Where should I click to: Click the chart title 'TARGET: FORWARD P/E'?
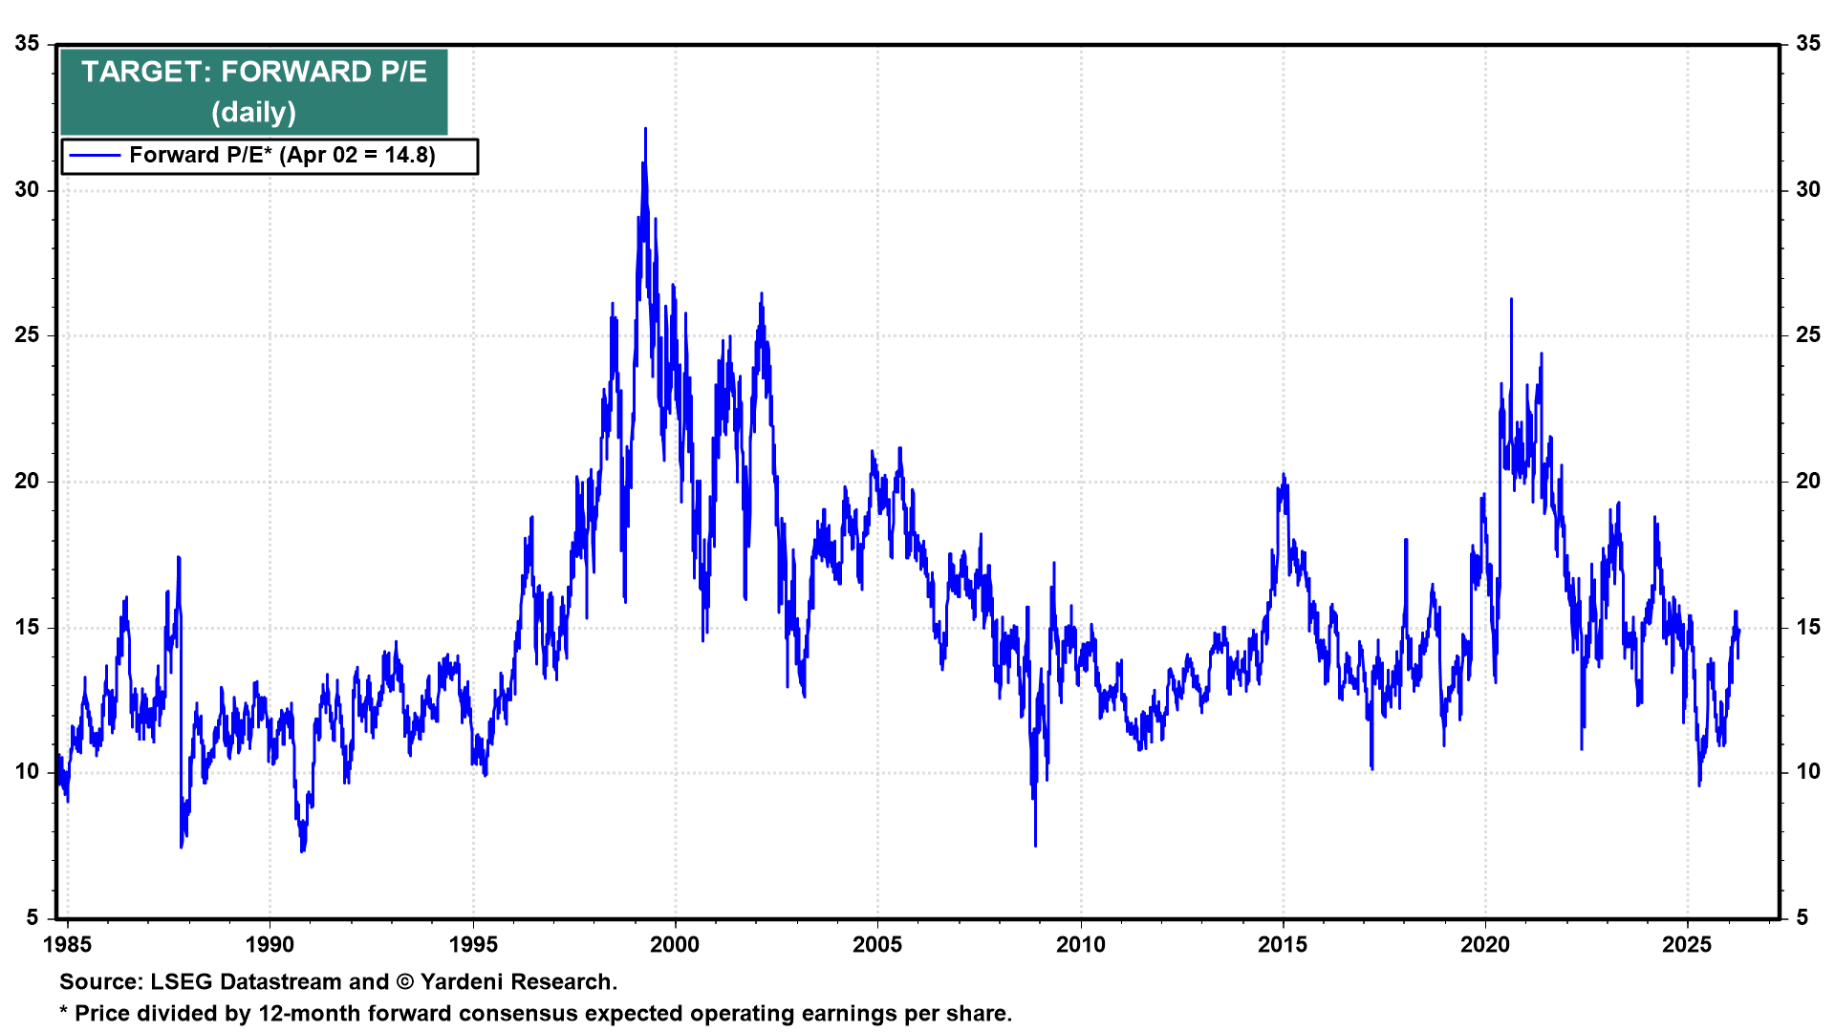click(253, 72)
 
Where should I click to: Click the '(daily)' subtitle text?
click(253, 112)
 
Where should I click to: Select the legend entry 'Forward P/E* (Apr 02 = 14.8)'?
click(282, 155)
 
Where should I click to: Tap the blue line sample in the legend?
click(95, 155)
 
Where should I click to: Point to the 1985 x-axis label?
click(68, 945)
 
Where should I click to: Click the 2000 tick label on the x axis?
click(675, 945)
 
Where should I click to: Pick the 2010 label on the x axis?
click(1080, 945)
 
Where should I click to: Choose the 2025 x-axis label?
click(1687, 945)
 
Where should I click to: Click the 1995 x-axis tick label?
click(472, 945)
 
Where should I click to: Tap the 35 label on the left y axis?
click(28, 44)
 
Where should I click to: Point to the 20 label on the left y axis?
click(28, 482)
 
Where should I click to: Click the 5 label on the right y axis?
click(1802, 918)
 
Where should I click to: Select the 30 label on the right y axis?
click(1807, 190)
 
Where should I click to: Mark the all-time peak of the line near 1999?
click(645, 129)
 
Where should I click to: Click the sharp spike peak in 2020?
click(1511, 300)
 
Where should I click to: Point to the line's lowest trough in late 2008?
click(1035, 844)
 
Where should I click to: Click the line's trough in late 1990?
click(302, 849)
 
